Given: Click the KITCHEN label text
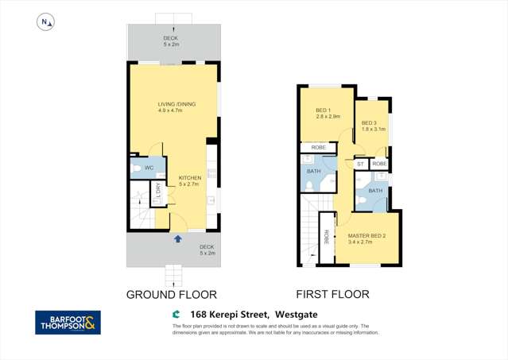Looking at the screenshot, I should (189, 177).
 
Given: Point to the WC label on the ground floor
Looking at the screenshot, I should (149, 168).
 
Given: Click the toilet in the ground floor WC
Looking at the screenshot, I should (137, 168).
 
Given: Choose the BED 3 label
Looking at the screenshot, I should (369, 123).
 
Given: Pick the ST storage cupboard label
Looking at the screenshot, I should (360, 164).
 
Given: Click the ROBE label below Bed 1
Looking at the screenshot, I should (318, 147).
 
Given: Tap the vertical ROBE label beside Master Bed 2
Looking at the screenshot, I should (326, 236).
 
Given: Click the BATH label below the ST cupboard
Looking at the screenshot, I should (375, 191).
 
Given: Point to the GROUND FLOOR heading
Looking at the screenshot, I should (172, 294).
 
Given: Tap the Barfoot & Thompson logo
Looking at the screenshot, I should (68, 323).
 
